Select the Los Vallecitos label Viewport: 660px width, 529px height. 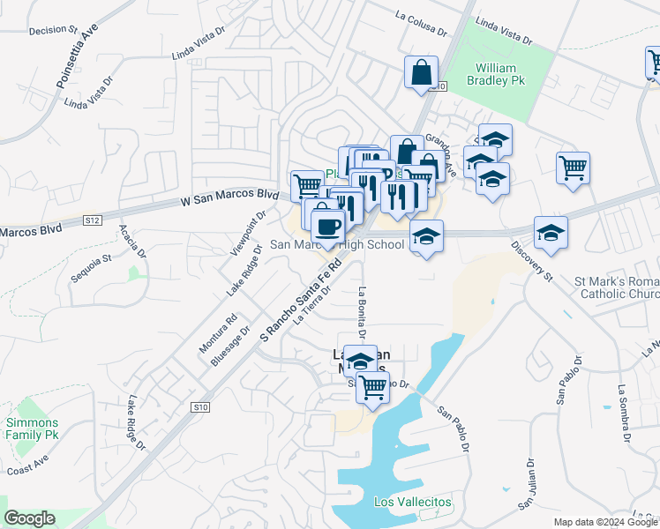point(413,502)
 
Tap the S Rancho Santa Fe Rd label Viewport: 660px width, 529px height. point(301,300)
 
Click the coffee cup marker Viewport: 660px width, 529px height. point(327,227)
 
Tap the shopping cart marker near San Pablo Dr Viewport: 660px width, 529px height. point(373,386)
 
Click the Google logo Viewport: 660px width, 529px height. point(29,518)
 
